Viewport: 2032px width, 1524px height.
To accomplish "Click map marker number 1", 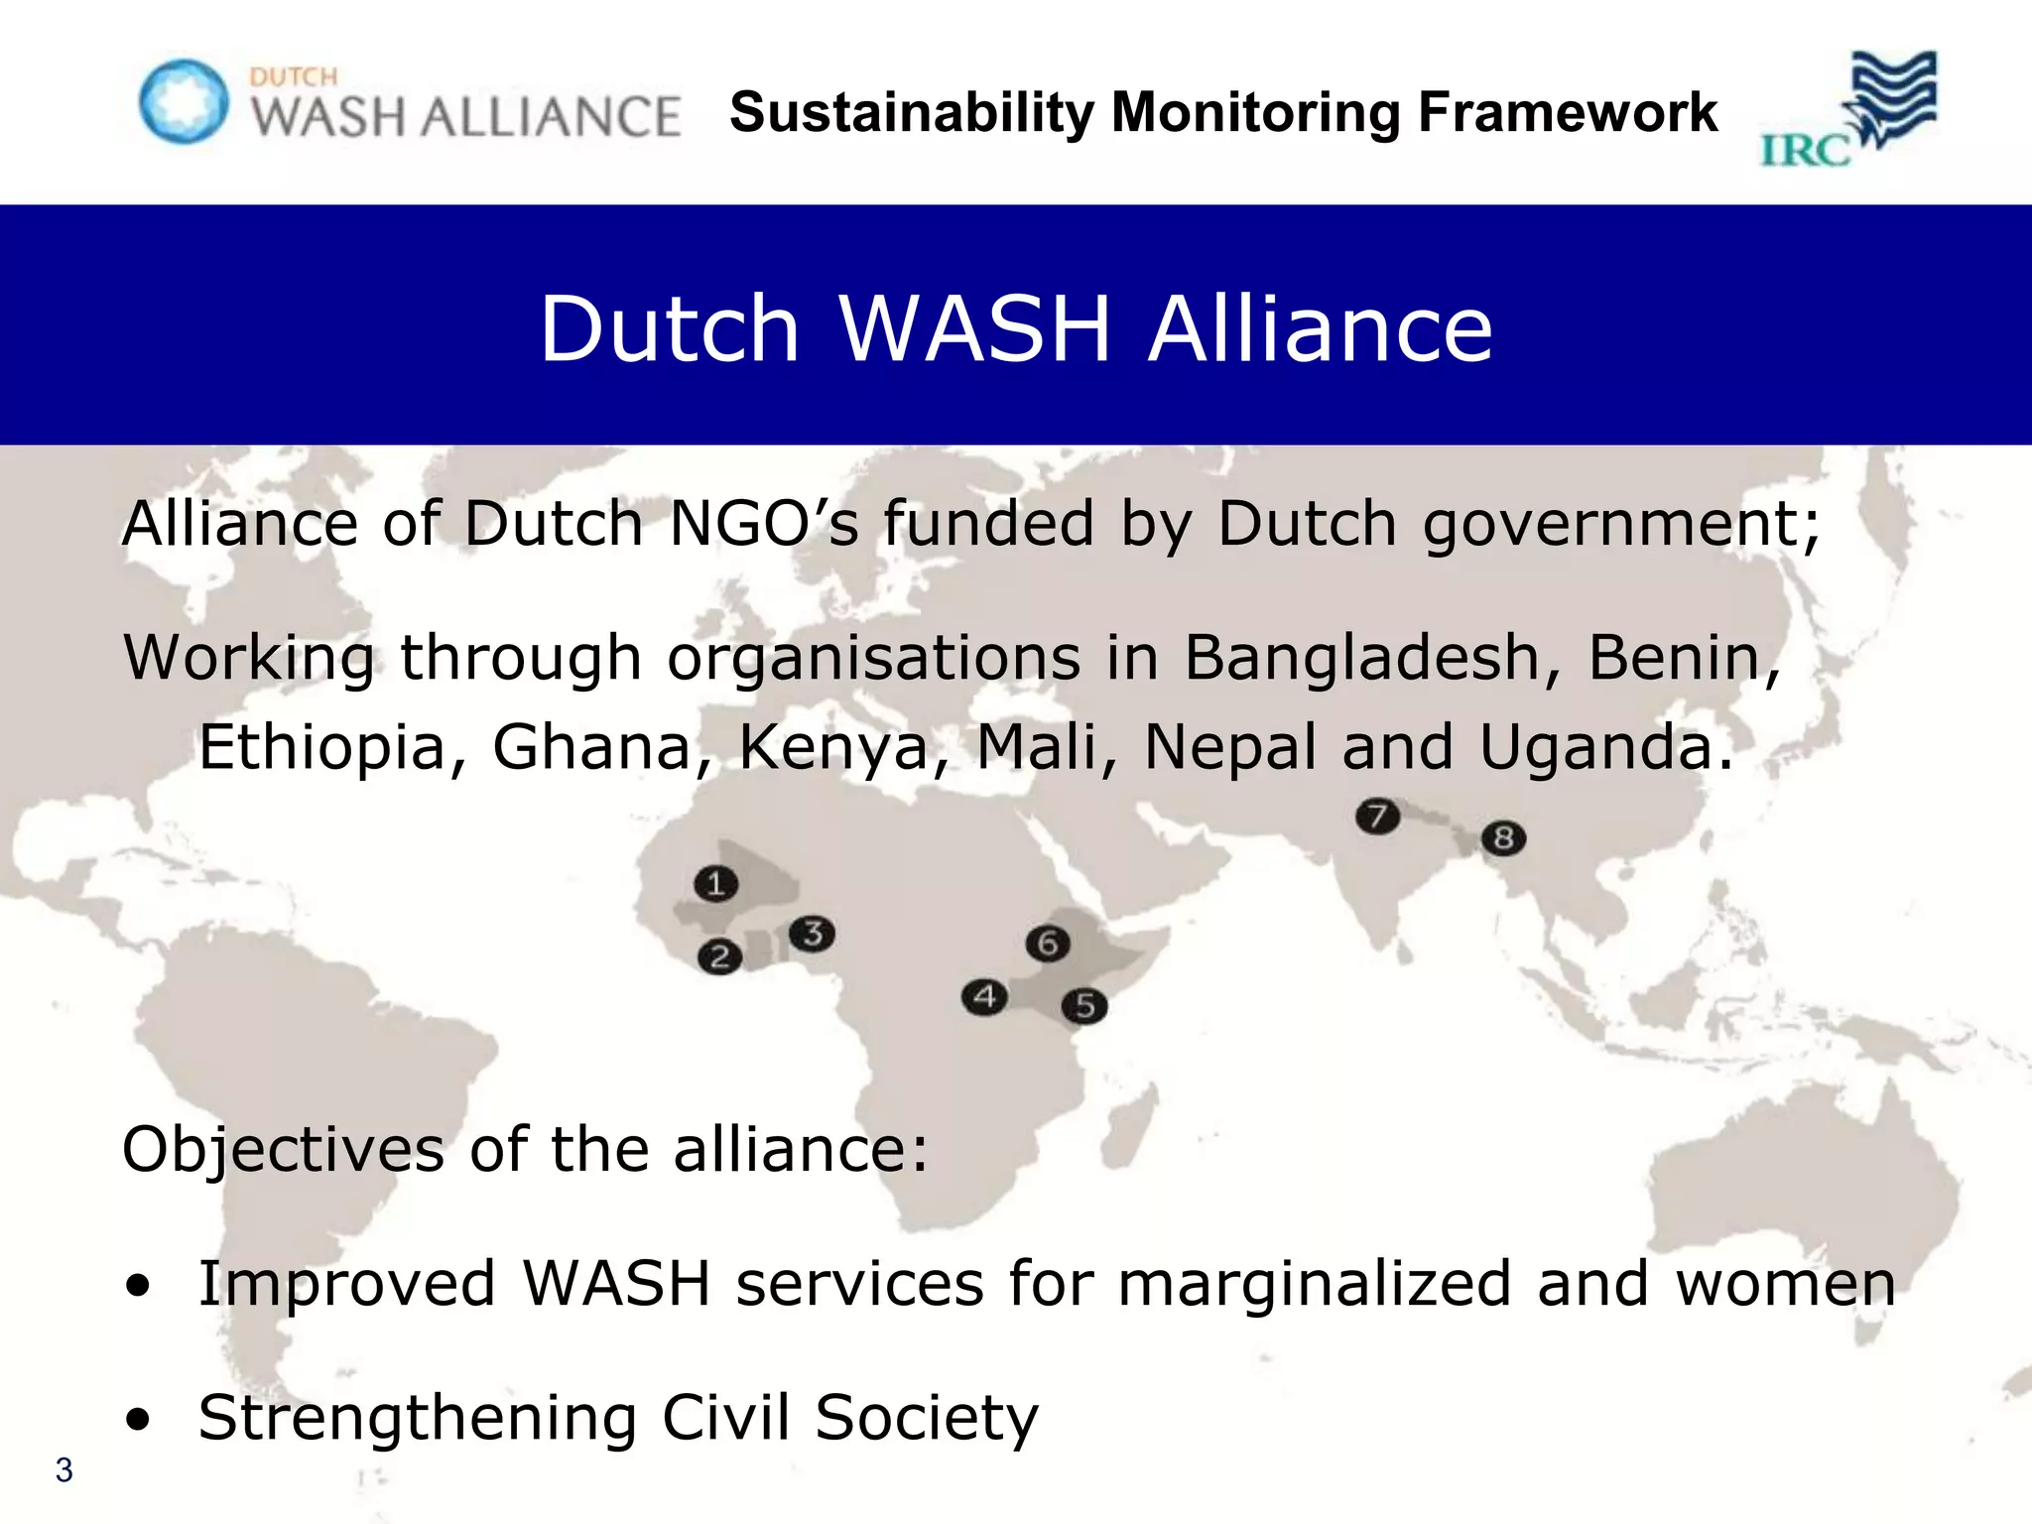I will [x=715, y=883].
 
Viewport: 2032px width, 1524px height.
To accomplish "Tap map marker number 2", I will [x=719, y=957].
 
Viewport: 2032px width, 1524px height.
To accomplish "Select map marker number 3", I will [x=812, y=934].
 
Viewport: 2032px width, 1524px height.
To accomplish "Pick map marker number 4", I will [x=984, y=996].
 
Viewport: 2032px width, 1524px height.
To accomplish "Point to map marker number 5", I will [x=1084, y=1006].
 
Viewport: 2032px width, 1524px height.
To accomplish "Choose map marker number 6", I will [x=1048, y=944].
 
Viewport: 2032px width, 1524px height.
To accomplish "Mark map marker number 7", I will [x=1377, y=817].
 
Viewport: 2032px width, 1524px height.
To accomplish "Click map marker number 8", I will [x=1503, y=838].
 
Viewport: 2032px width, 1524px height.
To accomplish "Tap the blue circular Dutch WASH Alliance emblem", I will [x=184, y=101].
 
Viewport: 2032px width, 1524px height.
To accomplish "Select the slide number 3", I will [x=64, y=1469].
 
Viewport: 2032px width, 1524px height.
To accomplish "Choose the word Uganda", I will [x=1605, y=747].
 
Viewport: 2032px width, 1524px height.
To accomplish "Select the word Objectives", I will [x=283, y=1150].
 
